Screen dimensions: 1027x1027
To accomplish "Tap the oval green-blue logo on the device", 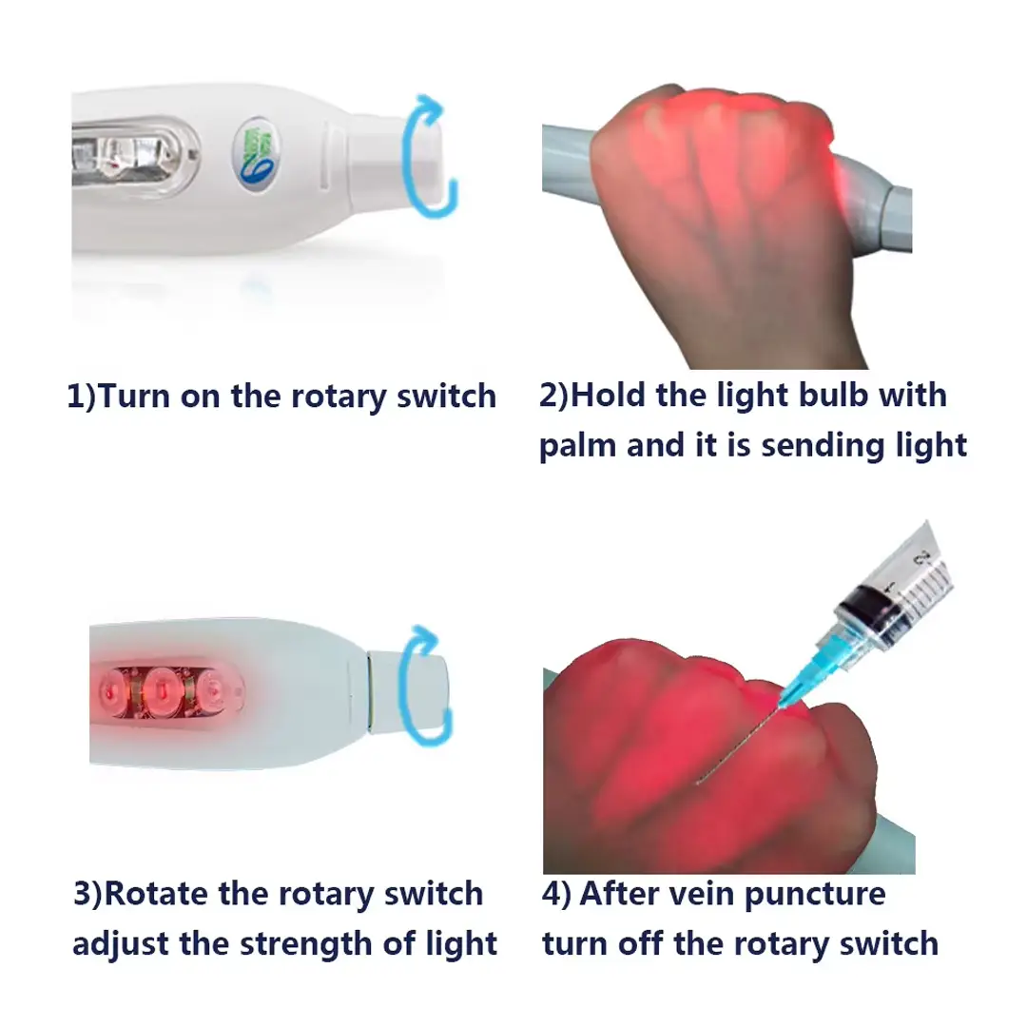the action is pyautogui.click(x=257, y=156).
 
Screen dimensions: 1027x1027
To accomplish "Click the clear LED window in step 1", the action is pyautogui.click(x=134, y=157).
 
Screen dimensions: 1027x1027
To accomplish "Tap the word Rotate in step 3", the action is pyautogui.click(x=155, y=893).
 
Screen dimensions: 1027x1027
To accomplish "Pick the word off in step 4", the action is pyautogui.click(x=641, y=944).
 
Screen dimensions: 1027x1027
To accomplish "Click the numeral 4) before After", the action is pyautogui.click(x=555, y=894).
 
